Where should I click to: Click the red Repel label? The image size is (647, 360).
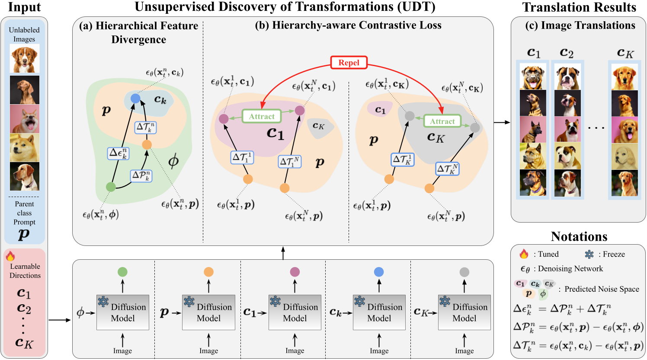point(349,63)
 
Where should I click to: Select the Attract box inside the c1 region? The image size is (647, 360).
point(262,116)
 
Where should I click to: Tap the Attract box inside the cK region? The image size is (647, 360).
point(442,121)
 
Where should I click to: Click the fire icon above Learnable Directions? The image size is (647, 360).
point(10,256)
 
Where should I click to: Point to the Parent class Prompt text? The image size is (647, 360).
point(24,213)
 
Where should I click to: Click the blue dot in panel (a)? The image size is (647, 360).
point(135,98)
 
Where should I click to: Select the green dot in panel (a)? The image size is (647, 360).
point(111,187)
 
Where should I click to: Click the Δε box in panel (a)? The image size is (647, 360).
point(118,153)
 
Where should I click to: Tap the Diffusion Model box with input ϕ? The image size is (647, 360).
point(122,312)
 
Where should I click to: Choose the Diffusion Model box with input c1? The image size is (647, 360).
point(295,312)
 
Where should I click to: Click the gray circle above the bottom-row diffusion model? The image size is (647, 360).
point(464,272)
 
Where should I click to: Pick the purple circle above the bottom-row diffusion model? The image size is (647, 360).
point(295,272)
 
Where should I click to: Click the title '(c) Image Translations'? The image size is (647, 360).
point(580,25)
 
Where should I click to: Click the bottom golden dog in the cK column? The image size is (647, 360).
point(624,183)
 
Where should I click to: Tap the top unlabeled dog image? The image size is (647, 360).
point(24,59)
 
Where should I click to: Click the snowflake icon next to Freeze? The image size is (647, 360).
point(589,254)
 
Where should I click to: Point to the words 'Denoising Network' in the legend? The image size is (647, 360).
point(570,269)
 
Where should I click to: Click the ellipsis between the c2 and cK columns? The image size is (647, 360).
point(596,128)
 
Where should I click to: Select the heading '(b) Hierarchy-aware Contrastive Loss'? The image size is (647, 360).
point(348,25)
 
